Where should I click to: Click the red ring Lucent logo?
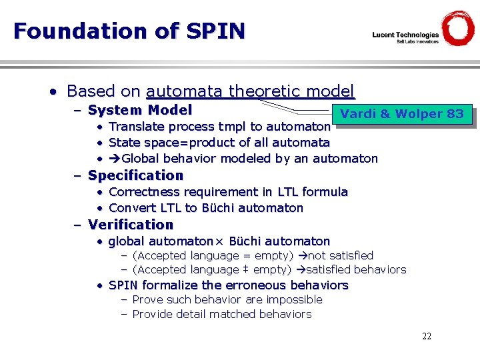click(458, 28)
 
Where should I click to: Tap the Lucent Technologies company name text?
click(405, 35)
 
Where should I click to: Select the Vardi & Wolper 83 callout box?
click(401, 114)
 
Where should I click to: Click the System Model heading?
click(140, 110)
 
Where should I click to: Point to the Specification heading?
click(135, 175)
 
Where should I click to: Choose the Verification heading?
click(131, 225)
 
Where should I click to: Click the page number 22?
click(427, 336)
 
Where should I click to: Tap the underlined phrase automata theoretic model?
click(250, 91)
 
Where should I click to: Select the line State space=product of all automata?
click(219, 143)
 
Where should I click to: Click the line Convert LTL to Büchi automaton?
click(205, 208)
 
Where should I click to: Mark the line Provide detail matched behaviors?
click(221, 314)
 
